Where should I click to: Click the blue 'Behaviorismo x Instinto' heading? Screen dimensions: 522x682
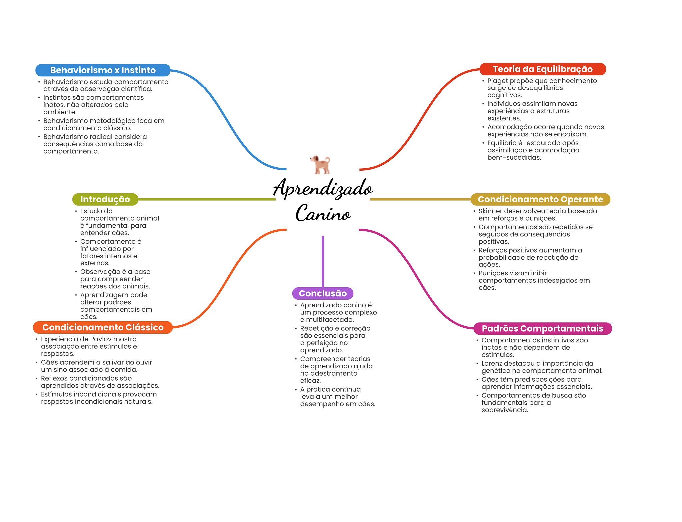[x=103, y=70]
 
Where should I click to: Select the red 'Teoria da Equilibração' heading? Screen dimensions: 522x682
[x=542, y=69]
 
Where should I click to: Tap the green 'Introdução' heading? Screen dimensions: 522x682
[x=105, y=199]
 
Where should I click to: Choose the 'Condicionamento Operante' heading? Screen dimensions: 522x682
[x=540, y=199]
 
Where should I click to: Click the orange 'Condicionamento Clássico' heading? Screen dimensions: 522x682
[x=103, y=327]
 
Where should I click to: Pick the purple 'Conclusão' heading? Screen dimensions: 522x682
[x=322, y=293]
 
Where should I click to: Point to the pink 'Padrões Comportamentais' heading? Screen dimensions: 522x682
[x=542, y=328]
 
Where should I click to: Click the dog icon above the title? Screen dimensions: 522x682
[x=320, y=165]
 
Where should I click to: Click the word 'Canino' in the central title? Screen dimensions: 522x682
[x=323, y=214]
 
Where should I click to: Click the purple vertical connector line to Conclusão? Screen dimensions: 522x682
[x=323, y=261]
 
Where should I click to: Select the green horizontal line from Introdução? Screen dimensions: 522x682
[x=206, y=199]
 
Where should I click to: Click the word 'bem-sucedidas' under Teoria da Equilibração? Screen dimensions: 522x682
[x=514, y=158]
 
